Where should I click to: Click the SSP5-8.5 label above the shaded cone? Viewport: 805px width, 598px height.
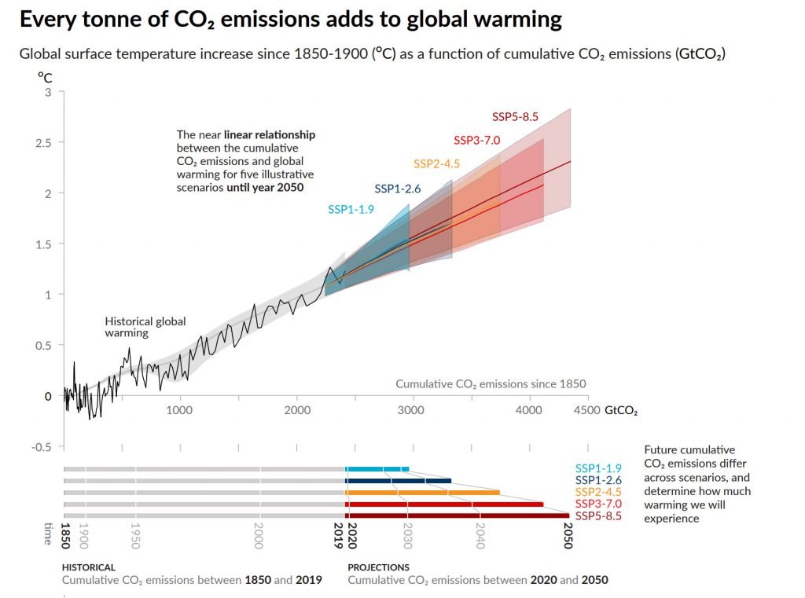pyautogui.click(x=515, y=117)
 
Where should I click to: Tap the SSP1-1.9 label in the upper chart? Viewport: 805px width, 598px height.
pyautogui.click(x=351, y=209)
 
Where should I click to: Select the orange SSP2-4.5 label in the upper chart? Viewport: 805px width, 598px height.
pyautogui.click(x=436, y=164)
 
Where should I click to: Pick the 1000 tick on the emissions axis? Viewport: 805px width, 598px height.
pyautogui.click(x=179, y=410)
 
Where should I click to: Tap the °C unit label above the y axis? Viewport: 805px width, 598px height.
pyautogui.click(x=45, y=77)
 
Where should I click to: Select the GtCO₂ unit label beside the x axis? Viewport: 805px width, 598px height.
pyautogui.click(x=621, y=410)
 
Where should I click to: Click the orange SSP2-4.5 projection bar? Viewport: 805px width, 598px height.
pyautogui.click(x=422, y=493)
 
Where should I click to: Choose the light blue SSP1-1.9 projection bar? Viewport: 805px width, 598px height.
pyautogui.click(x=377, y=469)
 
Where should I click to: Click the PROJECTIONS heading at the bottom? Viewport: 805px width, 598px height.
pyautogui.click(x=378, y=567)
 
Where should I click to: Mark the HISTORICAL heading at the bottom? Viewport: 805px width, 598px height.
pyautogui.click(x=88, y=567)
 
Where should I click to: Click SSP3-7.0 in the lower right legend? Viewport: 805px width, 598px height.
pyautogui.click(x=598, y=504)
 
